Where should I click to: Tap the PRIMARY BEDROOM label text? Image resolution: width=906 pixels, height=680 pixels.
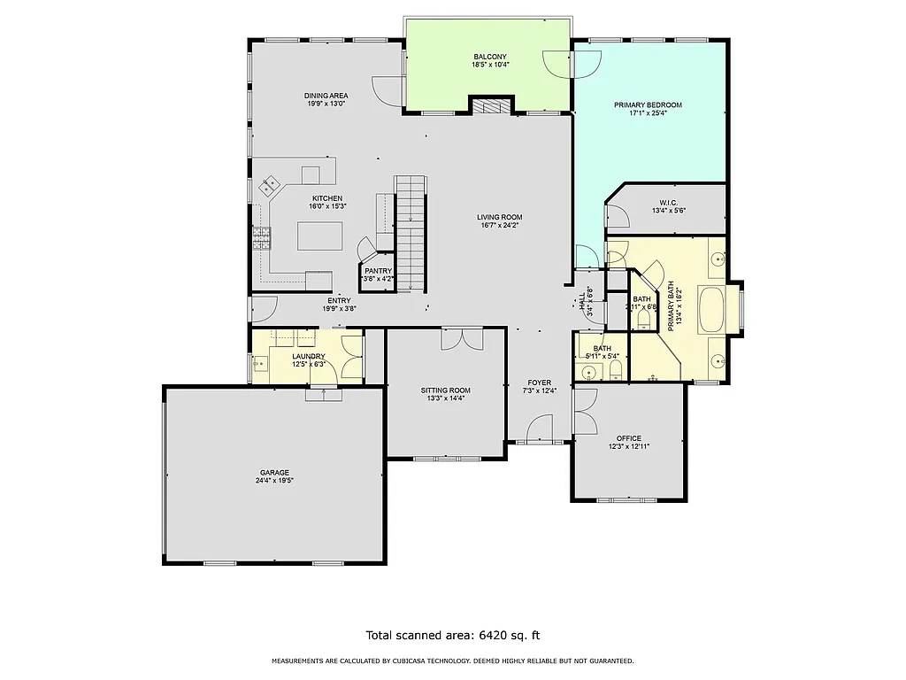point(649,104)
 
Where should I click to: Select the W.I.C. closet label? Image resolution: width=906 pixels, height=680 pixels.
point(668,202)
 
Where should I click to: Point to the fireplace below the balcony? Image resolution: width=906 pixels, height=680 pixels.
point(491,107)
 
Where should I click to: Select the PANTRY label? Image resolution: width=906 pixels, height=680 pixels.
point(378,271)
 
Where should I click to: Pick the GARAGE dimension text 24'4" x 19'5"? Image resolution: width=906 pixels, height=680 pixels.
point(274,481)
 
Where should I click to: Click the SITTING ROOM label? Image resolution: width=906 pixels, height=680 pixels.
point(445,390)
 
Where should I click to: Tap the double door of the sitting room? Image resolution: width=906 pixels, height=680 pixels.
point(462,336)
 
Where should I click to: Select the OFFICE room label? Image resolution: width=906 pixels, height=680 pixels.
point(629,438)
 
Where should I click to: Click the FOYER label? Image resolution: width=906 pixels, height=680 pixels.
point(540,382)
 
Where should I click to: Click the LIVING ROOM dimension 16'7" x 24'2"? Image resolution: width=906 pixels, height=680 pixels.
point(500,225)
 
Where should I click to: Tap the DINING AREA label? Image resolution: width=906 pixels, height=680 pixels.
point(326,96)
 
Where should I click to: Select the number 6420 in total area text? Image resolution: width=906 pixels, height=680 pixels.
point(493,635)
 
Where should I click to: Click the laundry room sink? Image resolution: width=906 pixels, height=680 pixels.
point(261,363)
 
